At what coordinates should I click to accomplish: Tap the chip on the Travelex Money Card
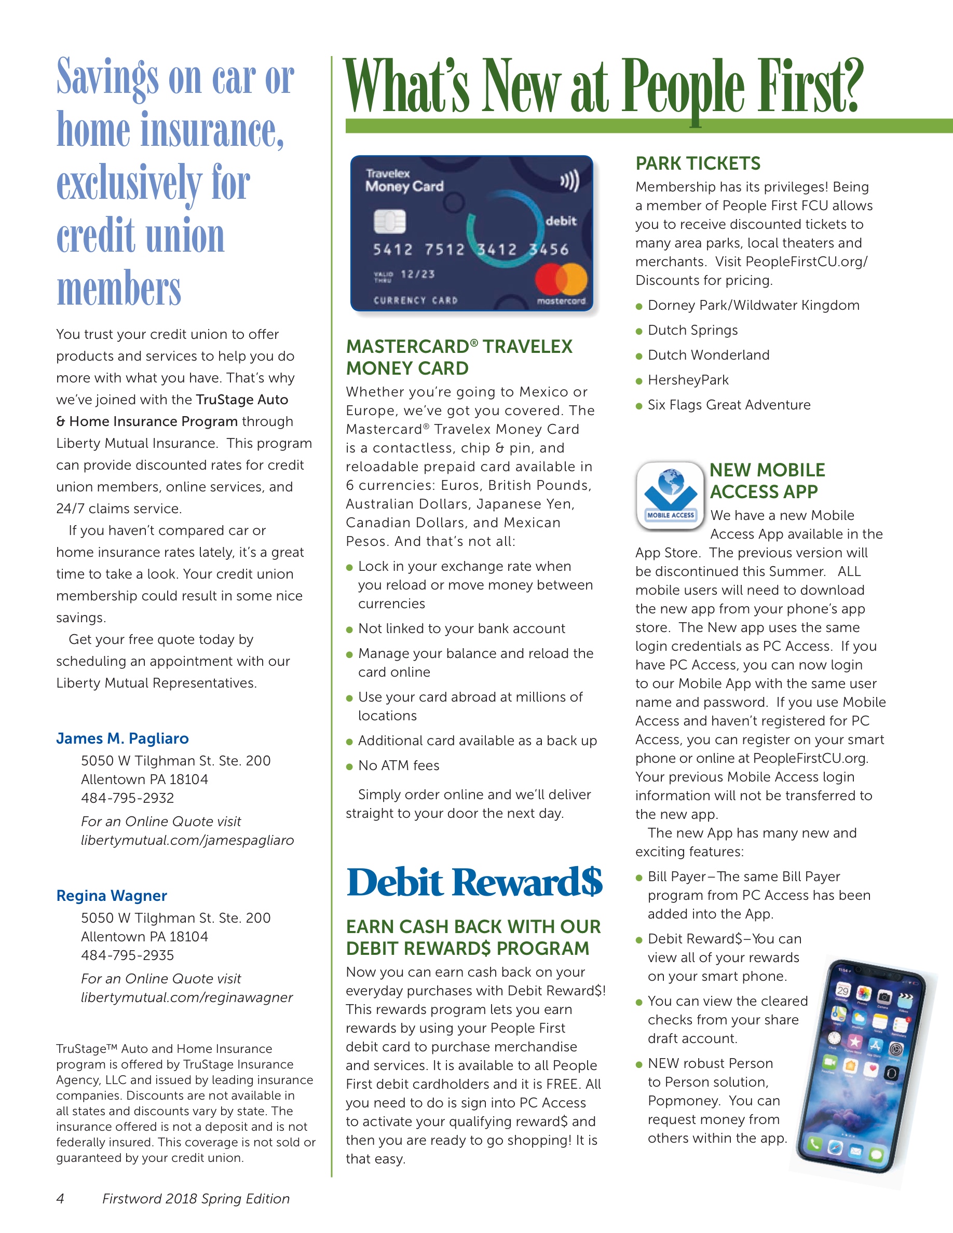coord(389,221)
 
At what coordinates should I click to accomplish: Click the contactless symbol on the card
coord(569,182)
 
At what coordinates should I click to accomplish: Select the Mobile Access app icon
coord(670,496)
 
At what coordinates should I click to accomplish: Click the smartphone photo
coord(861,1064)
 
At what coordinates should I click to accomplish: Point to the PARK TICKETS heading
coord(698,163)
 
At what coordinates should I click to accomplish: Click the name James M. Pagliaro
coord(122,738)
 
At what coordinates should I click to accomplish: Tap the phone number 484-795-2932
coord(128,798)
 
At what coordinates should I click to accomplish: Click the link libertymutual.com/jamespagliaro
coord(187,840)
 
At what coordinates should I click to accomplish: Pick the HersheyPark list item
coord(688,380)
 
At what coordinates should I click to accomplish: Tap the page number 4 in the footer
coord(60,1199)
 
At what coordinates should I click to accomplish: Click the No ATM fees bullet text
coord(399,765)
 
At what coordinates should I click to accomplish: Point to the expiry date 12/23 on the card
coord(418,275)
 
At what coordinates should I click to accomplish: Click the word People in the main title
coord(685,88)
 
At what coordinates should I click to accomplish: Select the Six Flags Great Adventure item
coord(729,405)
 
